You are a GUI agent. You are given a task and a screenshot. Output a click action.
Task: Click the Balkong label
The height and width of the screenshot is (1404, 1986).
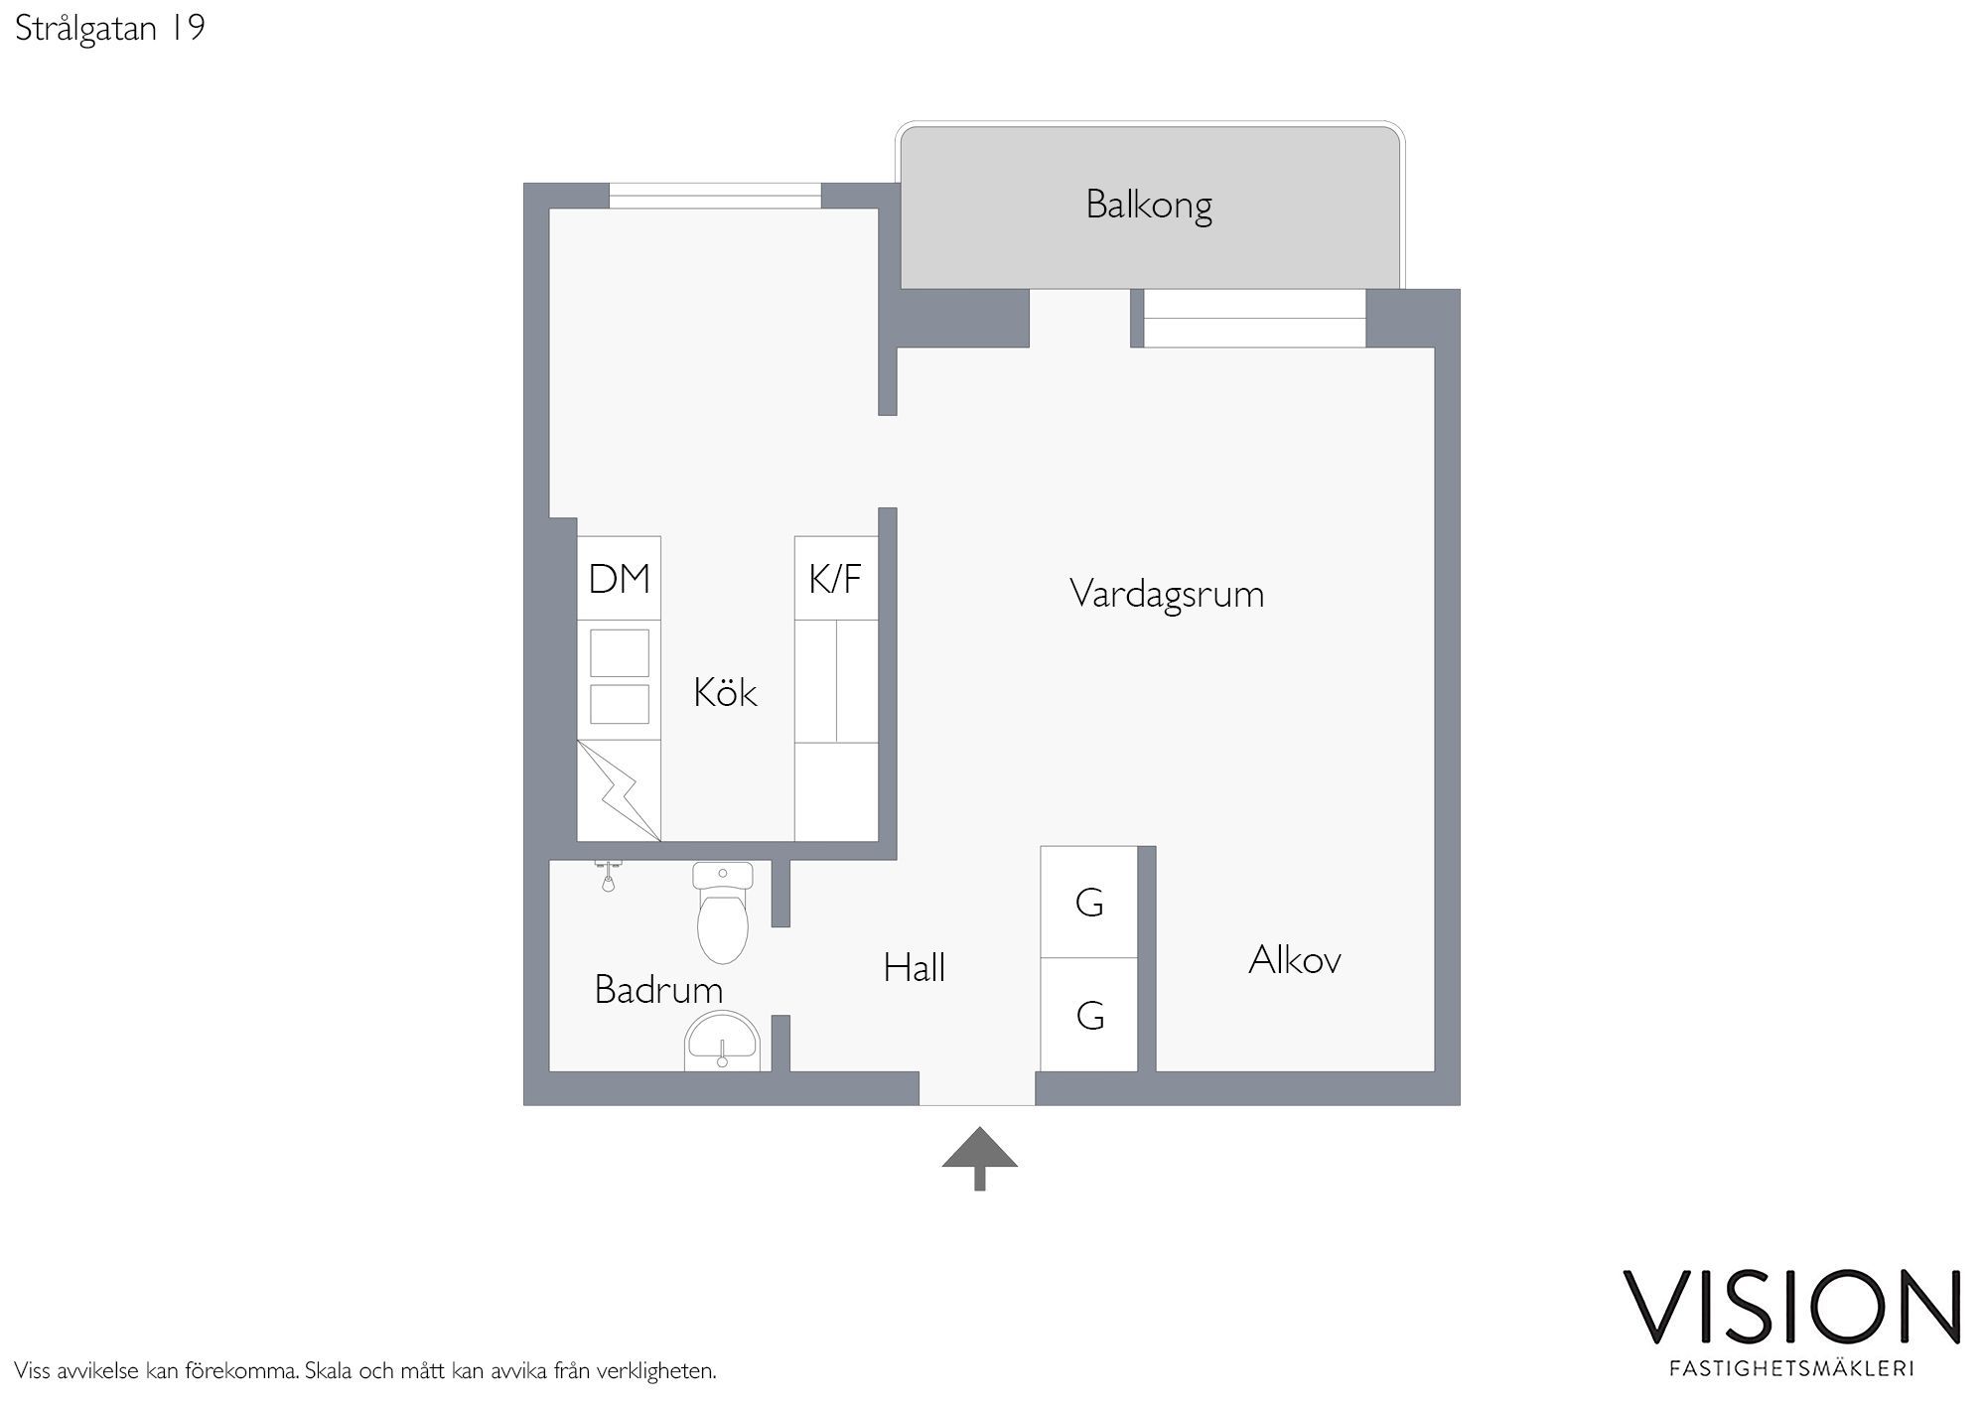[1149, 206]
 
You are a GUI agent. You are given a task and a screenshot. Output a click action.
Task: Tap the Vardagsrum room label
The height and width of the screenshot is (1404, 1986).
[1167, 595]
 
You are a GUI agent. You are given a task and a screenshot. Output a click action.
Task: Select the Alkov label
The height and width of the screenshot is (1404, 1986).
[1295, 960]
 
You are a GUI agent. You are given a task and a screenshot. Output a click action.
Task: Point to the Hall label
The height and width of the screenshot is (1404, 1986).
[914, 967]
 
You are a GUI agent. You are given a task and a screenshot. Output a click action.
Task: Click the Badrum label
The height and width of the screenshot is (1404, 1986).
[658, 989]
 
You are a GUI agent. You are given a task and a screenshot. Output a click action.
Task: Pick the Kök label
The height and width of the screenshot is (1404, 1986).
[725, 692]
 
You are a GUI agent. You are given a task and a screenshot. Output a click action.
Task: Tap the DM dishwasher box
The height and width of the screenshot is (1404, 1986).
[619, 579]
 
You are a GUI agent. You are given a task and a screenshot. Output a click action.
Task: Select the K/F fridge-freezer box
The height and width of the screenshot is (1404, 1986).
[836, 579]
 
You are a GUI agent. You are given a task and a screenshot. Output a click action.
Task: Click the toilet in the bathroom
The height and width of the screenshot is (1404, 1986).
[722, 913]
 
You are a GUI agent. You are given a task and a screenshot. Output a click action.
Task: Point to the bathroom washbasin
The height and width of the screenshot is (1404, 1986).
[722, 1042]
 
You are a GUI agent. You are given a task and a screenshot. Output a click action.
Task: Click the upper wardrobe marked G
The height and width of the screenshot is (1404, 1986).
[1088, 902]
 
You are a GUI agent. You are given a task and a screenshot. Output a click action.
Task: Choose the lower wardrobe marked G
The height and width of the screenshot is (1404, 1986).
[1088, 1015]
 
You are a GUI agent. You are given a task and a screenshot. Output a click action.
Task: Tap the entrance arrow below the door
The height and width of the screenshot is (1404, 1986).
[980, 1158]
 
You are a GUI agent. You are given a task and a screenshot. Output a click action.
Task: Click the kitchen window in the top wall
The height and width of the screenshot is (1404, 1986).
[715, 196]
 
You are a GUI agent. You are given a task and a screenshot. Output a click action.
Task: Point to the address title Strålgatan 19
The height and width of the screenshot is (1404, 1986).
[110, 28]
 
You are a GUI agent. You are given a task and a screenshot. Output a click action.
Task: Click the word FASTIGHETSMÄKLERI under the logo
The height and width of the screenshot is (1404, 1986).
[1792, 1368]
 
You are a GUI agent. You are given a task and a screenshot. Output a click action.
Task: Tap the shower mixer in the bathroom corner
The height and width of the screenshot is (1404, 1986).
[608, 875]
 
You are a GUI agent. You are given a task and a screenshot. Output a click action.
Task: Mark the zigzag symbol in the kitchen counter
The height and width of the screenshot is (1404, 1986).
[619, 790]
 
